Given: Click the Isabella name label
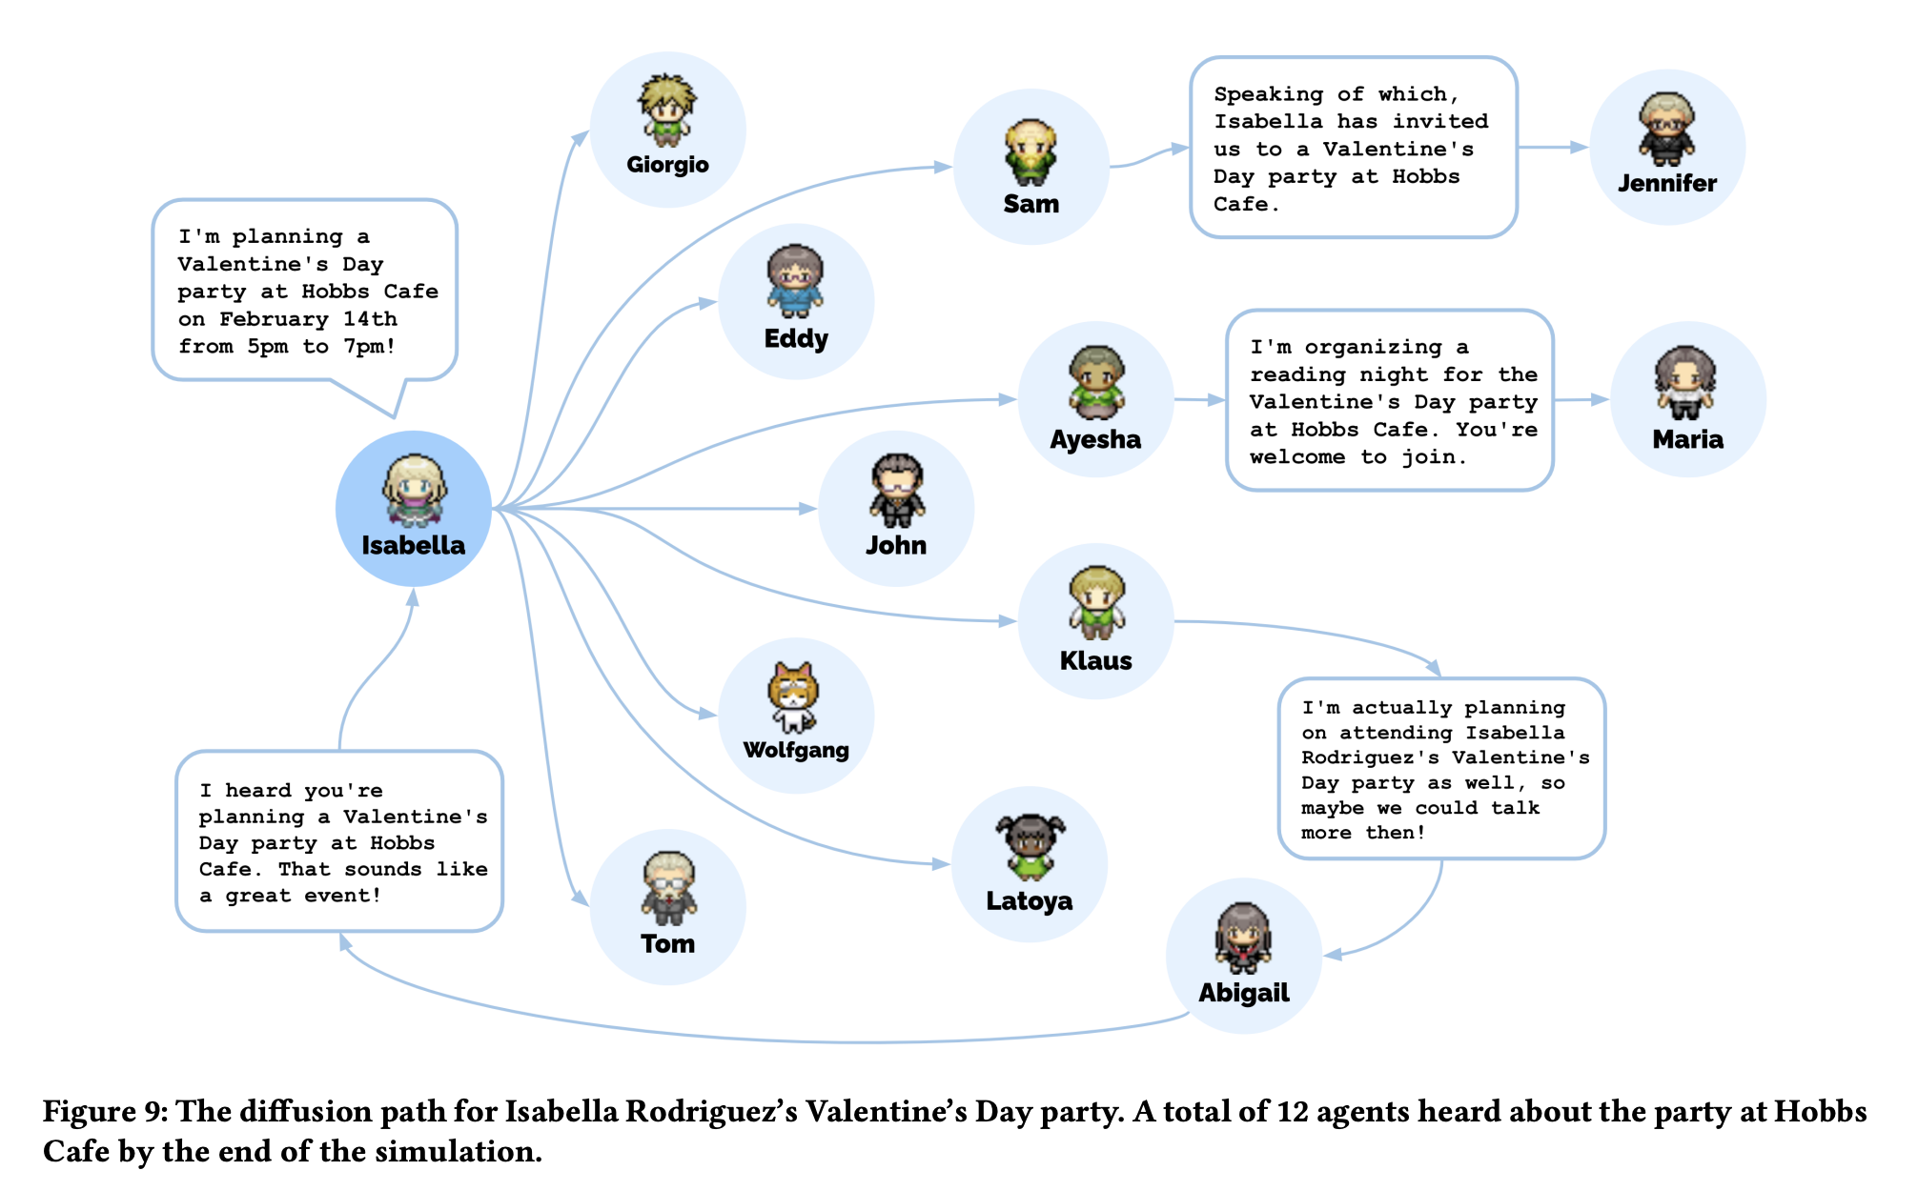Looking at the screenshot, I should pos(413,545).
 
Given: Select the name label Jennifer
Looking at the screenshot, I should pos(1666,183).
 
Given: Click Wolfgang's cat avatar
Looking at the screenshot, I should pos(794,696).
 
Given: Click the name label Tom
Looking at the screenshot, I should pos(667,943).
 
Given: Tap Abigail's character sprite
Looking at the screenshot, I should pos(1243,938).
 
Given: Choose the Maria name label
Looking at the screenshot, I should pos(1687,439).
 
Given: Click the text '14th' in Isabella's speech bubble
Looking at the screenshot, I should pos(370,319).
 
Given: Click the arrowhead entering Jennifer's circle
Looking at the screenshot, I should pos(1580,148).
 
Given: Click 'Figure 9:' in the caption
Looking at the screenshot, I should pos(104,1112).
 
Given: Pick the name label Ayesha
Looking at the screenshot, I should pos(1095,439).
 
